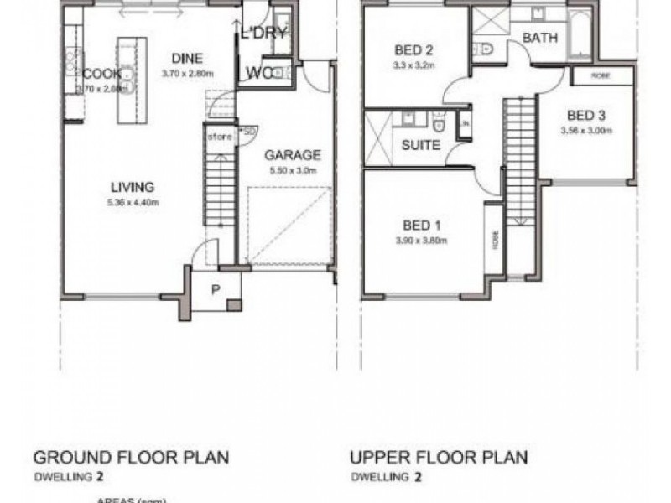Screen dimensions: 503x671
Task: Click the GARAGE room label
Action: [x=293, y=155]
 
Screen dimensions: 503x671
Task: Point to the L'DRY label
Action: [x=264, y=34]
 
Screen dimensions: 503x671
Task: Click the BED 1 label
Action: [x=422, y=225]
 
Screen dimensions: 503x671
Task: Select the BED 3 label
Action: [x=586, y=116]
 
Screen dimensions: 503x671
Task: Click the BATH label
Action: [x=540, y=38]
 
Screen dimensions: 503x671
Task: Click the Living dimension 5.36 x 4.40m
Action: [x=134, y=202]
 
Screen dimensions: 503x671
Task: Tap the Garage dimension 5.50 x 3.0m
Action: [x=293, y=171]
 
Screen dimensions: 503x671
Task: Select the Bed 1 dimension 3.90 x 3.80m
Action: [x=422, y=241]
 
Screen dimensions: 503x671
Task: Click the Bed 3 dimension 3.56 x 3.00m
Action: [x=586, y=131]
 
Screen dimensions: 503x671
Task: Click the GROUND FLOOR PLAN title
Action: [x=130, y=458]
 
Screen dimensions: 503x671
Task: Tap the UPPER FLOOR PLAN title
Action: [x=439, y=458]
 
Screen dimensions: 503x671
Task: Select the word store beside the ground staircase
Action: [x=219, y=136]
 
